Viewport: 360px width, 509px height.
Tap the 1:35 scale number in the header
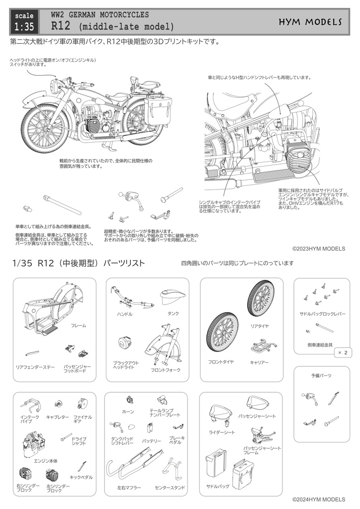pyautogui.click(x=24, y=26)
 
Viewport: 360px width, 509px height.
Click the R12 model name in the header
pyautogui.click(x=60, y=26)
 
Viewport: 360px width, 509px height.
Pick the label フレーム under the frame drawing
pyautogui.click(x=79, y=325)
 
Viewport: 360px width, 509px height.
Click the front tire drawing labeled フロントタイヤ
pyautogui.click(x=222, y=336)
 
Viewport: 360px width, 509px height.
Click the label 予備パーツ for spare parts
pyautogui.click(x=321, y=375)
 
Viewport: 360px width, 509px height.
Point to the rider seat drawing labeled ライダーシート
pyautogui.click(x=220, y=416)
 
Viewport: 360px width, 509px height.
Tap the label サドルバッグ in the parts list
pyautogui.click(x=217, y=486)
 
